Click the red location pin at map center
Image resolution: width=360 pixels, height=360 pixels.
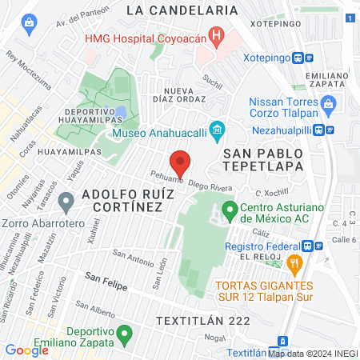pos(181,162)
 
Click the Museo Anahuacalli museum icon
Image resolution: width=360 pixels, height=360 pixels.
pos(215,130)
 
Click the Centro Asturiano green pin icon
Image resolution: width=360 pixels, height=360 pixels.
pos(230,212)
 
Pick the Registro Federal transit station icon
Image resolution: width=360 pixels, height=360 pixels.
pos(318,246)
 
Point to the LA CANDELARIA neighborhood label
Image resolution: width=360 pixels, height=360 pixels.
pos(182,10)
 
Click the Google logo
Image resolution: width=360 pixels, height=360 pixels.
pos(26,350)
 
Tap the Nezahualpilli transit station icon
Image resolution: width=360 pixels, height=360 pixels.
pos(326,129)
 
